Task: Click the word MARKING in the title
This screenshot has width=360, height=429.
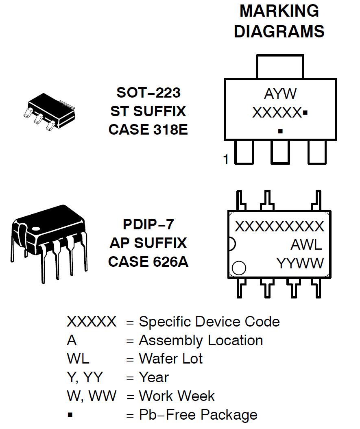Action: coord(279,11)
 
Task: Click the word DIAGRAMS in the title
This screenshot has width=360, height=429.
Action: coord(279,32)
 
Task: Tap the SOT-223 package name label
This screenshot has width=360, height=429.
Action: coord(148,93)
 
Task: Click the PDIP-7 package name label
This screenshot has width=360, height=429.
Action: coord(148,224)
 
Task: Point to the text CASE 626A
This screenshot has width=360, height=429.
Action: coord(148,261)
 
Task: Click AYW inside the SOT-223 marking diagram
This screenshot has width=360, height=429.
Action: coord(280,94)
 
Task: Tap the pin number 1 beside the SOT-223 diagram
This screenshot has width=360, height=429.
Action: coord(226,159)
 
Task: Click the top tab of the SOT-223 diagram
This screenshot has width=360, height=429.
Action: coord(280,66)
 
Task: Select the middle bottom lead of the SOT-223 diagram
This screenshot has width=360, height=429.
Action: coord(280,152)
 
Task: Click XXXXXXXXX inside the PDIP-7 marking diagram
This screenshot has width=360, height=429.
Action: coord(279,226)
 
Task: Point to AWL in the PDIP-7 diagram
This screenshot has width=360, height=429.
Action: coord(306,245)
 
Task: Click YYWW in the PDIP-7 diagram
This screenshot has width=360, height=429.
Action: coord(300,263)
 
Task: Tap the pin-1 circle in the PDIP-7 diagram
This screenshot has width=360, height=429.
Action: coord(239,268)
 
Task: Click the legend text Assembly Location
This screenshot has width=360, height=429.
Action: coord(201,340)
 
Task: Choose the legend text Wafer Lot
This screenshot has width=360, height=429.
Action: coord(170,359)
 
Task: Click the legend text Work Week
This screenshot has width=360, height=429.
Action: coord(177,396)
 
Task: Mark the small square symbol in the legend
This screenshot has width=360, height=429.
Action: coord(70,415)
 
